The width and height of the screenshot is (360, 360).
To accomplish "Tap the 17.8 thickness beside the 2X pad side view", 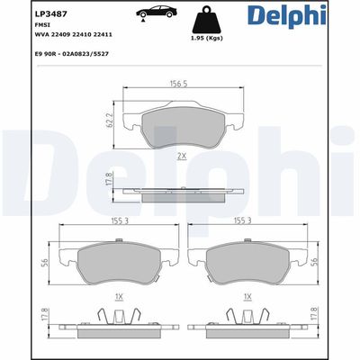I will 109,180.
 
